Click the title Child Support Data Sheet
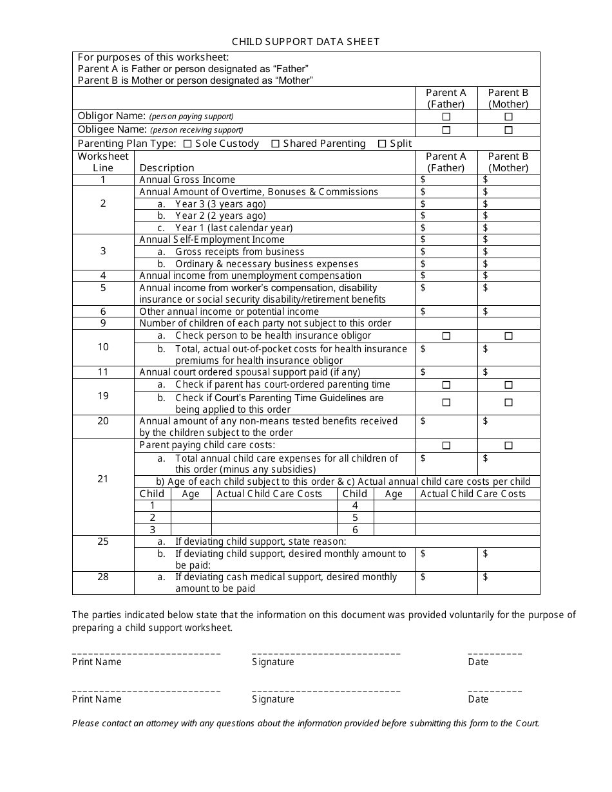[305, 42]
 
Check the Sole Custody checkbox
[187, 144]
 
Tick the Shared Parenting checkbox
[275, 144]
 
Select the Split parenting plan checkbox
[382, 144]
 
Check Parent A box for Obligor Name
[446, 117]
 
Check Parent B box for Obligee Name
[508, 130]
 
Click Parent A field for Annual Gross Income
[450, 180]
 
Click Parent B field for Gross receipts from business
[512, 252]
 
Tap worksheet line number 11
[103, 372]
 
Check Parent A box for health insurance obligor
[446, 336]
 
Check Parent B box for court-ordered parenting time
[508, 385]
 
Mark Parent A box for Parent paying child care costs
[446, 446]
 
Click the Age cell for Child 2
[191, 518]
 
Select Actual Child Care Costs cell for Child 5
[477, 518]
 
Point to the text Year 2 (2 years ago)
[220, 216]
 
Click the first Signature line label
[273, 662]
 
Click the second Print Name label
[97, 699]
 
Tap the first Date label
[478, 662]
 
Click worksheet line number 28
[103, 577]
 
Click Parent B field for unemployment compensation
[512, 276]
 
